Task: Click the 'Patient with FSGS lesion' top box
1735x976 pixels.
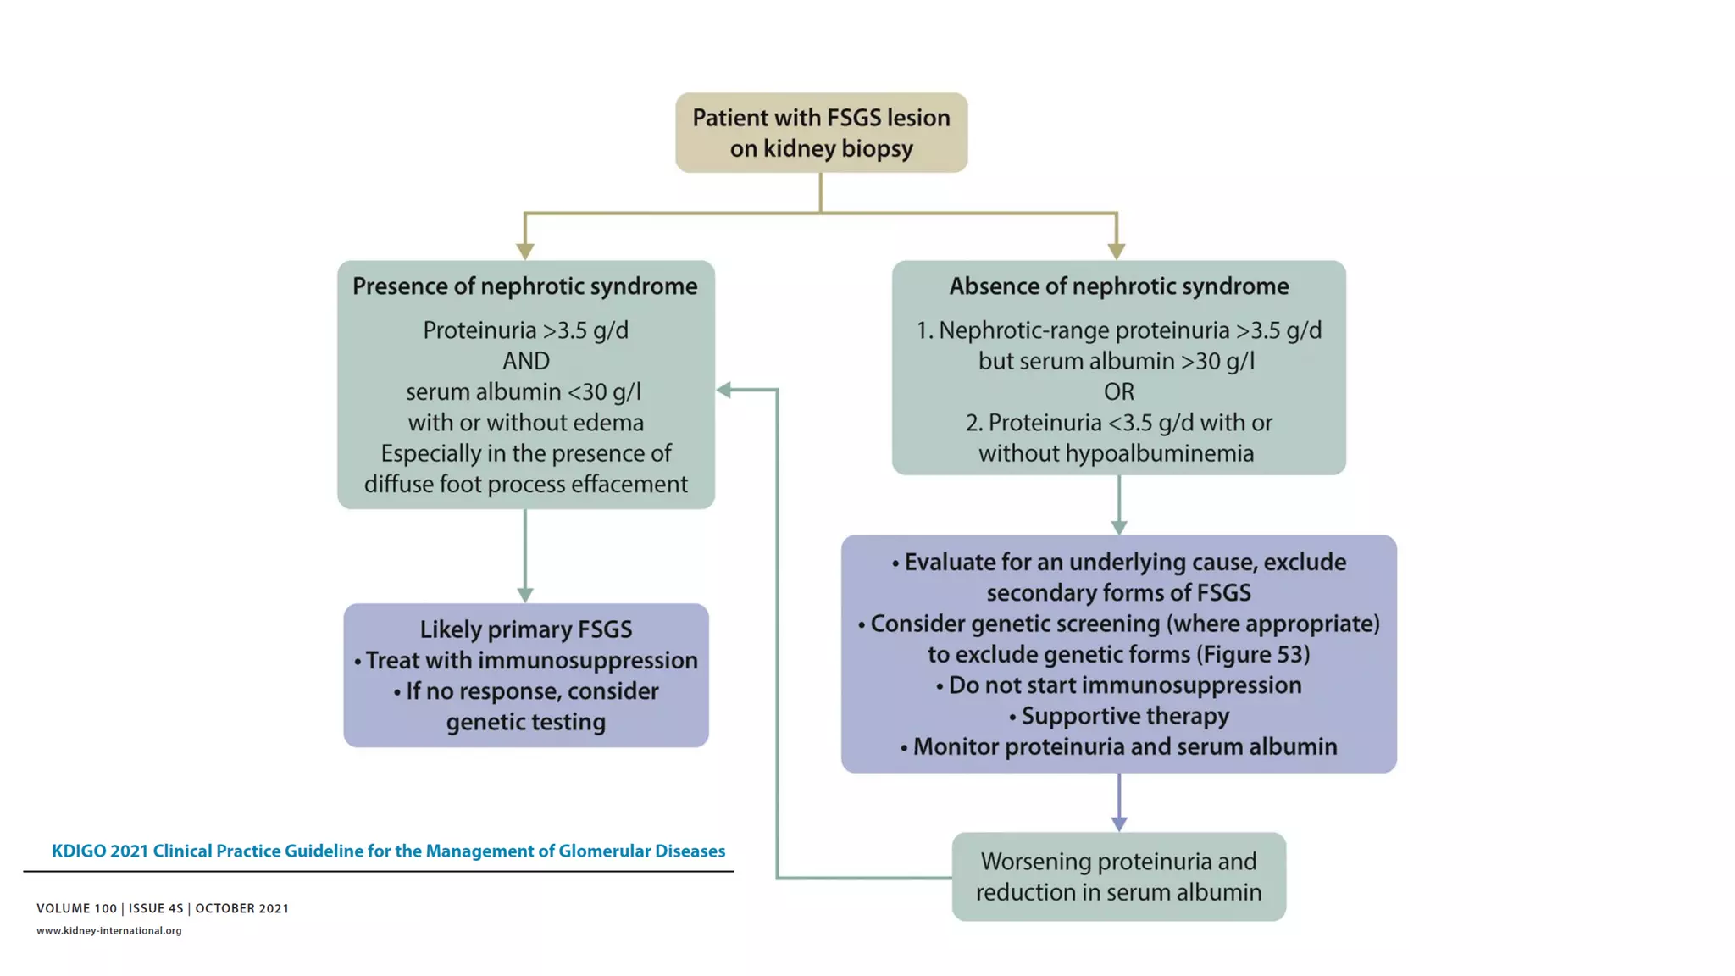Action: coord(821,133)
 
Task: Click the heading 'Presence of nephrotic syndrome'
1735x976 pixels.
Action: coord(524,286)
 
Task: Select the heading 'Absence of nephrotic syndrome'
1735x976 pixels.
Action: coord(1118,286)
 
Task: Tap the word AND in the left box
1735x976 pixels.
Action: coord(525,361)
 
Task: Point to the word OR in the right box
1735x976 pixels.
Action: coord(1118,391)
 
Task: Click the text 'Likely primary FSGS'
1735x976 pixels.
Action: coord(525,629)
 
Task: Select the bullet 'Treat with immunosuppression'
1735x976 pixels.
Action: coord(531,661)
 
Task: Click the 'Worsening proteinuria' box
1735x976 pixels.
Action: coord(1118,877)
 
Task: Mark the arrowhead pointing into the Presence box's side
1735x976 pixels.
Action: coord(724,390)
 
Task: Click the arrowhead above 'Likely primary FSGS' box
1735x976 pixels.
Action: coord(525,595)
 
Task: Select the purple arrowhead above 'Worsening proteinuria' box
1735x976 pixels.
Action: coord(1118,823)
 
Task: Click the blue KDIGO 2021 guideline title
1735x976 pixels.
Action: coord(388,851)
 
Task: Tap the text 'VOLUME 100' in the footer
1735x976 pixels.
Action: coord(76,908)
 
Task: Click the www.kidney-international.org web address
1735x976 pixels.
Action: coord(108,930)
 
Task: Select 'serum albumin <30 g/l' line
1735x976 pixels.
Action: coord(524,392)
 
